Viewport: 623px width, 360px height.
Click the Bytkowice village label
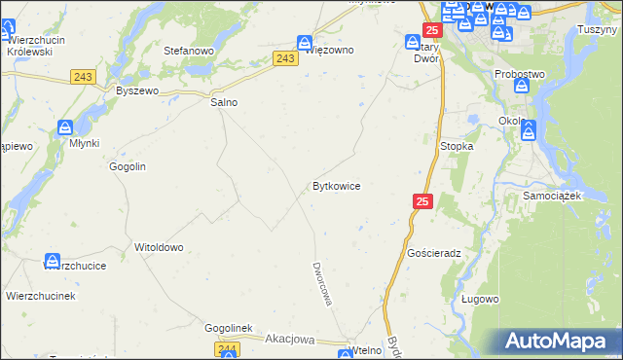[x=337, y=186]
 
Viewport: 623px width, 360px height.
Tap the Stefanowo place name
[x=188, y=51]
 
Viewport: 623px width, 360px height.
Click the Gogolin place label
[x=128, y=167]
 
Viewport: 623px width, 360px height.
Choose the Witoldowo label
[x=159, y=247]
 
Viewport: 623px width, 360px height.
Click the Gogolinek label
[x=229, y=329]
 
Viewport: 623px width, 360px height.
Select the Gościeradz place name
[x=434, y=252]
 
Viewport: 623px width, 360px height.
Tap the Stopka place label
[x=457, y=146]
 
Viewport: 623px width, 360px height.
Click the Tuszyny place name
[x=597, y=29]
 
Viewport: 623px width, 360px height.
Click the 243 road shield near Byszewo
[x=83, y=77]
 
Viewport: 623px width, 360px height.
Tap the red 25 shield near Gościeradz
[x=421, y=201]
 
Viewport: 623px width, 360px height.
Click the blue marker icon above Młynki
[x=65, y=127]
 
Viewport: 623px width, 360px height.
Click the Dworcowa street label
[x=322, y=283]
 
